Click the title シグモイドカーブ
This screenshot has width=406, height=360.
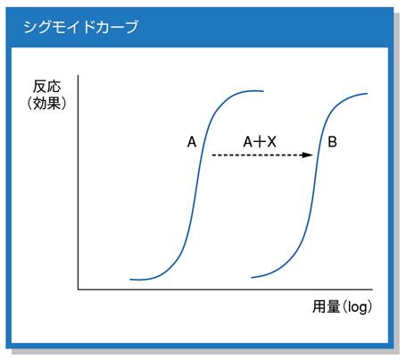point(81,27)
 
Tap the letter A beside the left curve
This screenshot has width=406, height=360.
point(192,142)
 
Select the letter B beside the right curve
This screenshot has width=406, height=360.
point(332,142)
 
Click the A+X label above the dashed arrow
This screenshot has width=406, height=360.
point(260,142)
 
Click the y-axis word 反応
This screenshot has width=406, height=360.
point(46,87)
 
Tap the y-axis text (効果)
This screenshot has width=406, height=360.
point(46,104)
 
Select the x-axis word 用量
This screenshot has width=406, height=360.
point(326,306)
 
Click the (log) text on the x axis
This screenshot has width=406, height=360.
point(357,306)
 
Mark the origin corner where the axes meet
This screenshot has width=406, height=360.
point(79,289)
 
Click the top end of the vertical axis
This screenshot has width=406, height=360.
point(79,75)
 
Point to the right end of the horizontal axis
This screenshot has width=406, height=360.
point(372,289)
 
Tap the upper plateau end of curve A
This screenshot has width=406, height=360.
point(263,91)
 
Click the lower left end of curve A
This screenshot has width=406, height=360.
point(130,280)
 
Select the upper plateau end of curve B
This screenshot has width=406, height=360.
point(368,94)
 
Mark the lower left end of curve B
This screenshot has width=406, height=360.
point(252,278)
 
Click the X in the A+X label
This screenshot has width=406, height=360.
point(271,142)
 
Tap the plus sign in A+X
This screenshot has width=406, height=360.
point(260,142)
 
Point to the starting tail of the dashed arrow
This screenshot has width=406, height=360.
point(212,155)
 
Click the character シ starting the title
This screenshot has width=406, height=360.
point(30,27)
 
